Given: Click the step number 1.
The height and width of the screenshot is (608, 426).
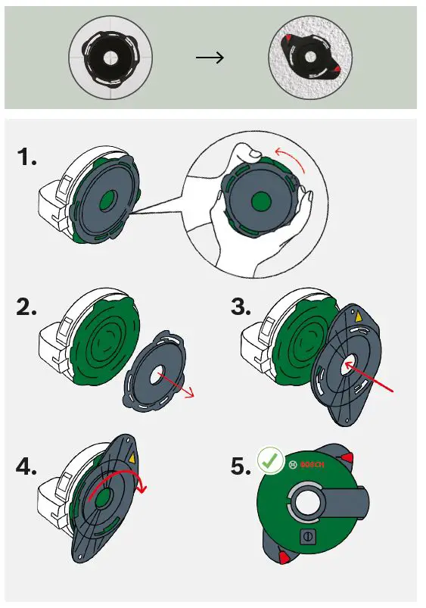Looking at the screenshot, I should (x=26, y=158).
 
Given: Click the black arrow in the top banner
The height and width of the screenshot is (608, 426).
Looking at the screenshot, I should (x=210, y=58).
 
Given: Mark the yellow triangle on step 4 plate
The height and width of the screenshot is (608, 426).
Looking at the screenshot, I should (x=134, y=457).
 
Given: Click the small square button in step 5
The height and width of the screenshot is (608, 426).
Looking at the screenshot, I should (x=309, y=536).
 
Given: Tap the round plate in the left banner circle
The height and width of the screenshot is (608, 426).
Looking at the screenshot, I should (x=112, y=57).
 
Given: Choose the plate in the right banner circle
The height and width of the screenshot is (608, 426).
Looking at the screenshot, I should (x=310, y=58).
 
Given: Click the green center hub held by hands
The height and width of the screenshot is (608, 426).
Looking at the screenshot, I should (x=260, y=201).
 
